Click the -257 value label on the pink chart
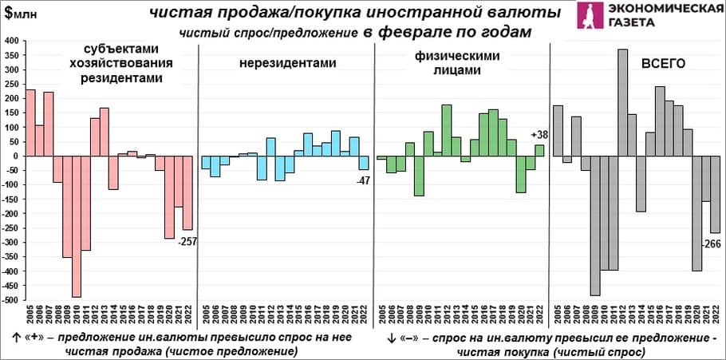pyautogui.click(x=188, y=242)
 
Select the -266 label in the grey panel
pyautogui.click(x=712, y=244)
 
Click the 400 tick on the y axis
pyautogui.click(x=13, y=40)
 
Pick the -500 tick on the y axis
pyautogui.click(x=11, y=301)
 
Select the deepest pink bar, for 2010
pyautogui.click(x=77, y=227)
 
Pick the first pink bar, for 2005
pyautogui.click(x=31, y=123)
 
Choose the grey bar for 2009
pyautogui.click(x=595, y=226)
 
